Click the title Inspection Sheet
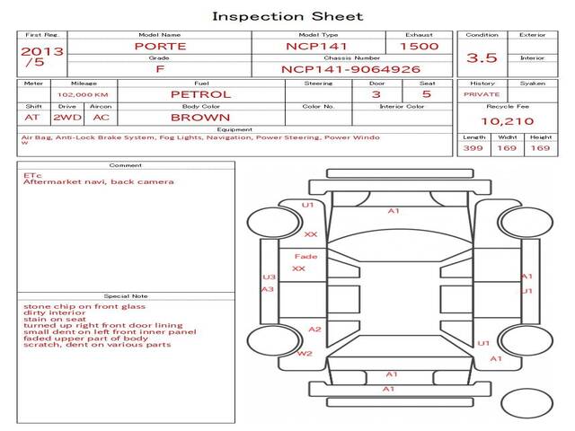287,16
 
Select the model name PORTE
160,47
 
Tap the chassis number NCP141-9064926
350,69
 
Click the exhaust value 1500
420,47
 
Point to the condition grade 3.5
482,57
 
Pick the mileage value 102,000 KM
83,95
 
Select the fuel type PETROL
201,94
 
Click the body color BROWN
200,118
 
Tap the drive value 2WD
67,118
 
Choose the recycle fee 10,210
507,121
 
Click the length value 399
473,148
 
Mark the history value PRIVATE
482,94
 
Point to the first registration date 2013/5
42,57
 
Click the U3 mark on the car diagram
270,277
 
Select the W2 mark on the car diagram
305,354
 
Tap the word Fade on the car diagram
305,257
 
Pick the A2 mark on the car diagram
314,330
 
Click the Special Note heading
126,296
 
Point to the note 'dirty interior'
54,312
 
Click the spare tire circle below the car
526,403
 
